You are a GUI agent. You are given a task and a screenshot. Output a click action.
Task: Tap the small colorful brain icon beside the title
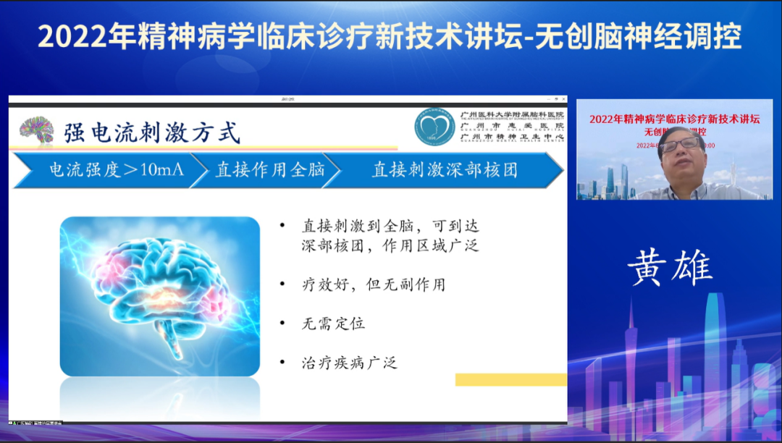[x=36, y=131]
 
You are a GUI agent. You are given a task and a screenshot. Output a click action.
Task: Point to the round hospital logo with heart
[x=434, y=126]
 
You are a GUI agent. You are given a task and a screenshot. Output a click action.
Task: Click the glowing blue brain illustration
[x=159, y=297]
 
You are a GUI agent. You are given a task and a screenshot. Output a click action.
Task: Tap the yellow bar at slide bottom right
[x=510, y=379]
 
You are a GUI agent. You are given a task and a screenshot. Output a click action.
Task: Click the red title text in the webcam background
[x=673, y=120]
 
